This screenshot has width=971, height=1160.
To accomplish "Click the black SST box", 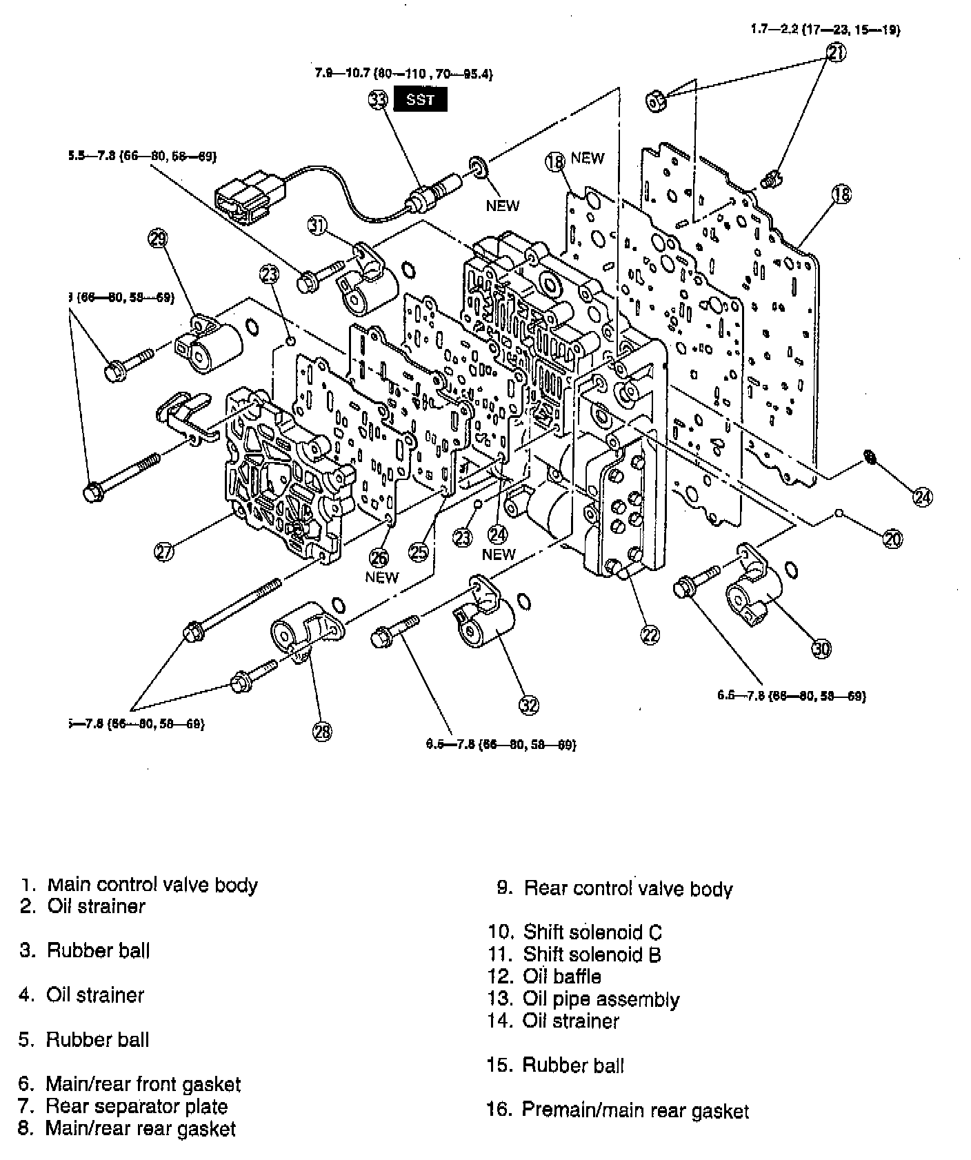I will [x=420, y=99].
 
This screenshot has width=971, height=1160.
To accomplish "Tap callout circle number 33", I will [x=378, y=100].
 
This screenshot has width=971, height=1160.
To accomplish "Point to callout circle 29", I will [x=158, y=239].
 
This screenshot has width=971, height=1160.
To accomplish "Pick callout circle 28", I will [x=322, y=732].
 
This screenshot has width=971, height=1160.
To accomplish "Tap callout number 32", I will [x=529, y=704].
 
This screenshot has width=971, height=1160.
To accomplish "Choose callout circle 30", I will [x=821, y=648].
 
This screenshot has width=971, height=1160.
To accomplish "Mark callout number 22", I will [x=650, y=634].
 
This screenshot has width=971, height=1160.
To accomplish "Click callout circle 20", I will [x=892, y=539].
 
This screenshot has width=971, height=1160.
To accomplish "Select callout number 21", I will [x=836, y=52].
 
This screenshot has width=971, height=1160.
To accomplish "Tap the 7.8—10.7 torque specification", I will [x=403, y=73].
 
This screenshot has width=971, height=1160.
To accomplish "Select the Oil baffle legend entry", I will [x=561, y=977].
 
